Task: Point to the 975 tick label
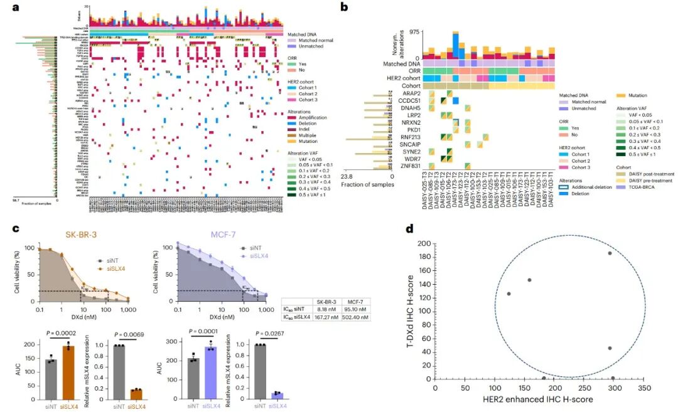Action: point(411,31)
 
